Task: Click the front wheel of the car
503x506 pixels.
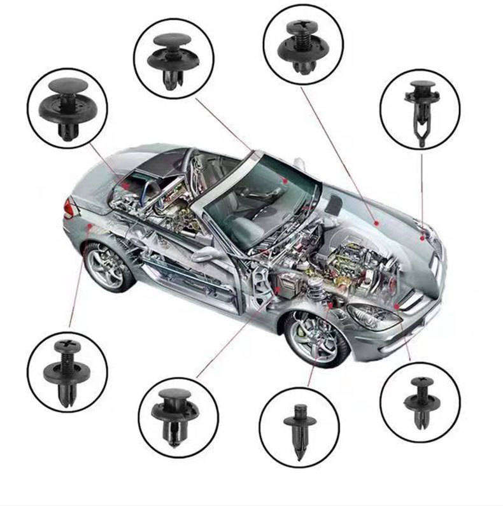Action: coord(316,337)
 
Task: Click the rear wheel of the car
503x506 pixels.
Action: coord(109,267)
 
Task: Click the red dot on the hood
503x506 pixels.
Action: coord(376,223)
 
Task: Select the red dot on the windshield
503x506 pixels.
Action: coord(286,181)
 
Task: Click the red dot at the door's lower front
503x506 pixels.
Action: coord(278,289)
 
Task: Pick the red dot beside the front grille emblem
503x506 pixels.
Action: coord(422,237)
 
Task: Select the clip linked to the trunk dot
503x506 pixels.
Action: coord(67,109)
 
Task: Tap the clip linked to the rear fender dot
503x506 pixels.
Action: coord(67,372)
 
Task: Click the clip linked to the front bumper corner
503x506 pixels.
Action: coord(420,401)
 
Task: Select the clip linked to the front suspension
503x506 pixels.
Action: coord(300,427)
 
